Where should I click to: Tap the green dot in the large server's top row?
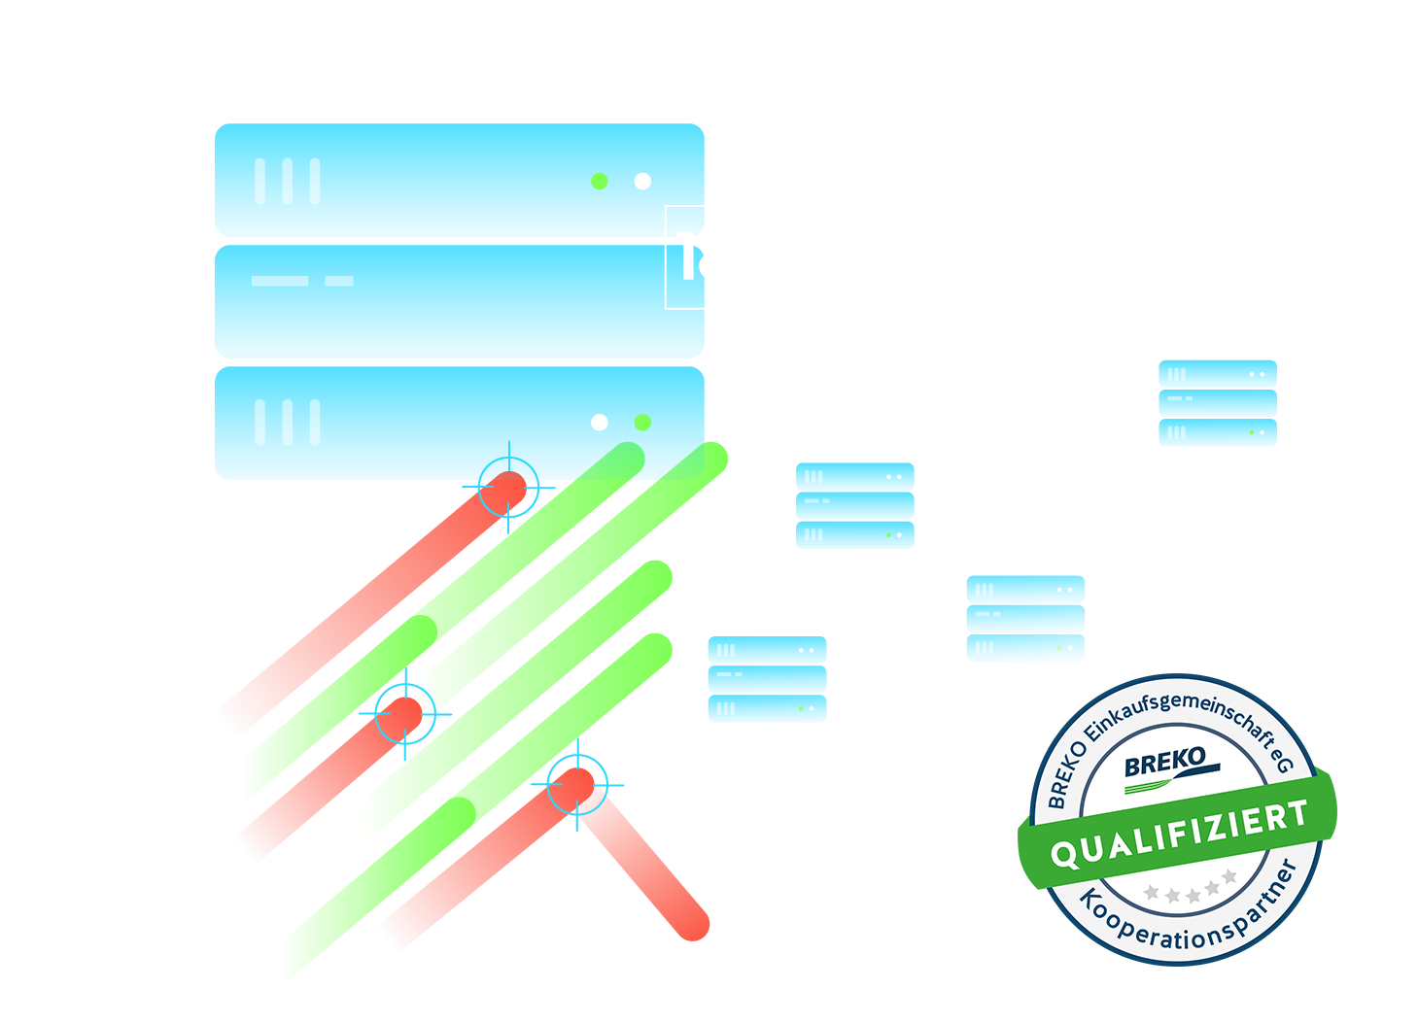(600, 181)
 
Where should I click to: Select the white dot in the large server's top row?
(642, 181)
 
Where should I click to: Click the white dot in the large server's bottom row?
(600, 422)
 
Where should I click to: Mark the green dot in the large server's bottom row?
(642, 422)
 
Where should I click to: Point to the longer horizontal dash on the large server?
(280, 281)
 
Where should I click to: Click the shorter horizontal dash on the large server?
(339, 281)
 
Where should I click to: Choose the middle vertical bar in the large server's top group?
(287, 181)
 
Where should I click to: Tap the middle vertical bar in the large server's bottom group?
(287, 423)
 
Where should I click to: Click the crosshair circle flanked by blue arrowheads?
(404, 714)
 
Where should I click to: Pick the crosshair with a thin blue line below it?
(576, 785)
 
